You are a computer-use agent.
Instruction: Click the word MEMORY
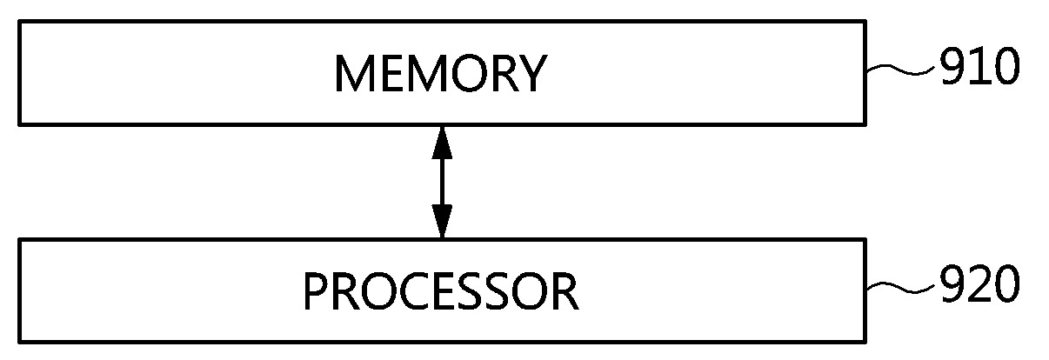point(439,75)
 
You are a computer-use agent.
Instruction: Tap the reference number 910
point(978,68)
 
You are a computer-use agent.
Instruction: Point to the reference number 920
point(978,285)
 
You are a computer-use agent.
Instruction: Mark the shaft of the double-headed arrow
point(443,181)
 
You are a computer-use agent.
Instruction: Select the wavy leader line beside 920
point(901,289)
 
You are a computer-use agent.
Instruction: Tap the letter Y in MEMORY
point(529,75)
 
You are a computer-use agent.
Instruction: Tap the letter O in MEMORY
point(459,75)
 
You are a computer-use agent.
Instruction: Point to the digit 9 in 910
point(952,68)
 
